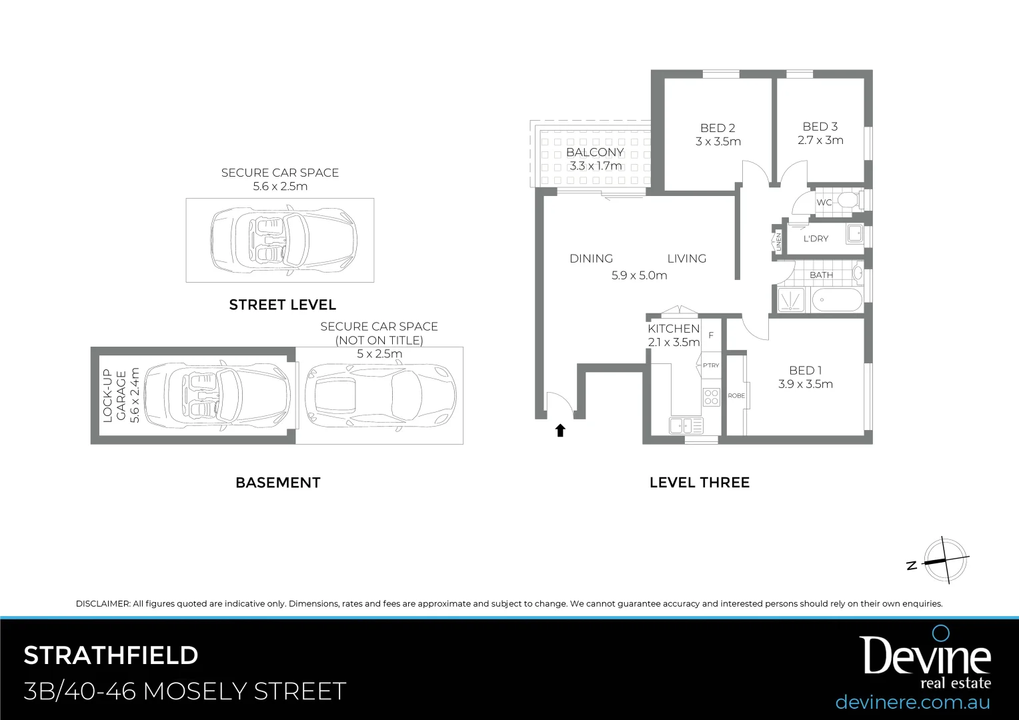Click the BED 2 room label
tap(718, 128)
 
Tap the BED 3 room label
tap(820, 127)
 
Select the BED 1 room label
tap(805, 371)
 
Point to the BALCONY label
tap(595, 153)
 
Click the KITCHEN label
tap(674, 329)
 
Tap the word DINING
tap(591, 259)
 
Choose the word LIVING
tap(686, 259)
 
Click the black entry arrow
tap(560, 431)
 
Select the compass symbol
tap(944, 560)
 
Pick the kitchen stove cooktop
tap(712, 397)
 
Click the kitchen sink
tap(680, 425)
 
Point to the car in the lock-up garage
tap(217, 395)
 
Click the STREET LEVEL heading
tap(282, 305)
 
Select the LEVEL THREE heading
tap(699, 483)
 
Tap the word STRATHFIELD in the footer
tap(111, 656)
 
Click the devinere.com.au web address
tap(912, 702)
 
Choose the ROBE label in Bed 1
tap(736, 396)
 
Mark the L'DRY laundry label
tap(816, 239)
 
